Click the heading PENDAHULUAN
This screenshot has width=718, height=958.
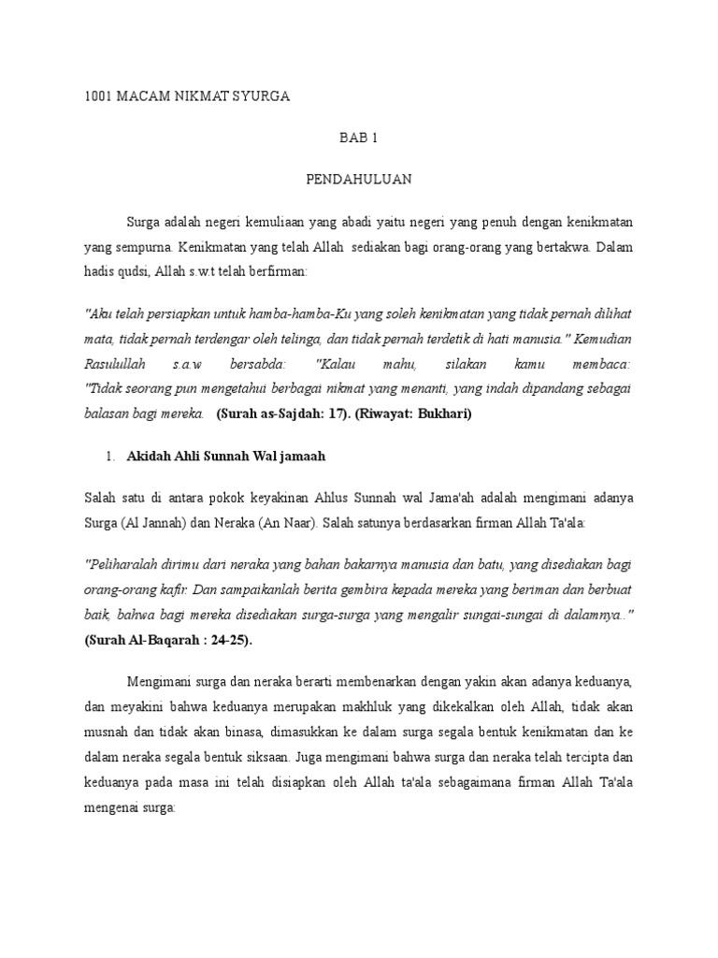pos(359,177)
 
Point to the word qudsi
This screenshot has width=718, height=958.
pos(138,269)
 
